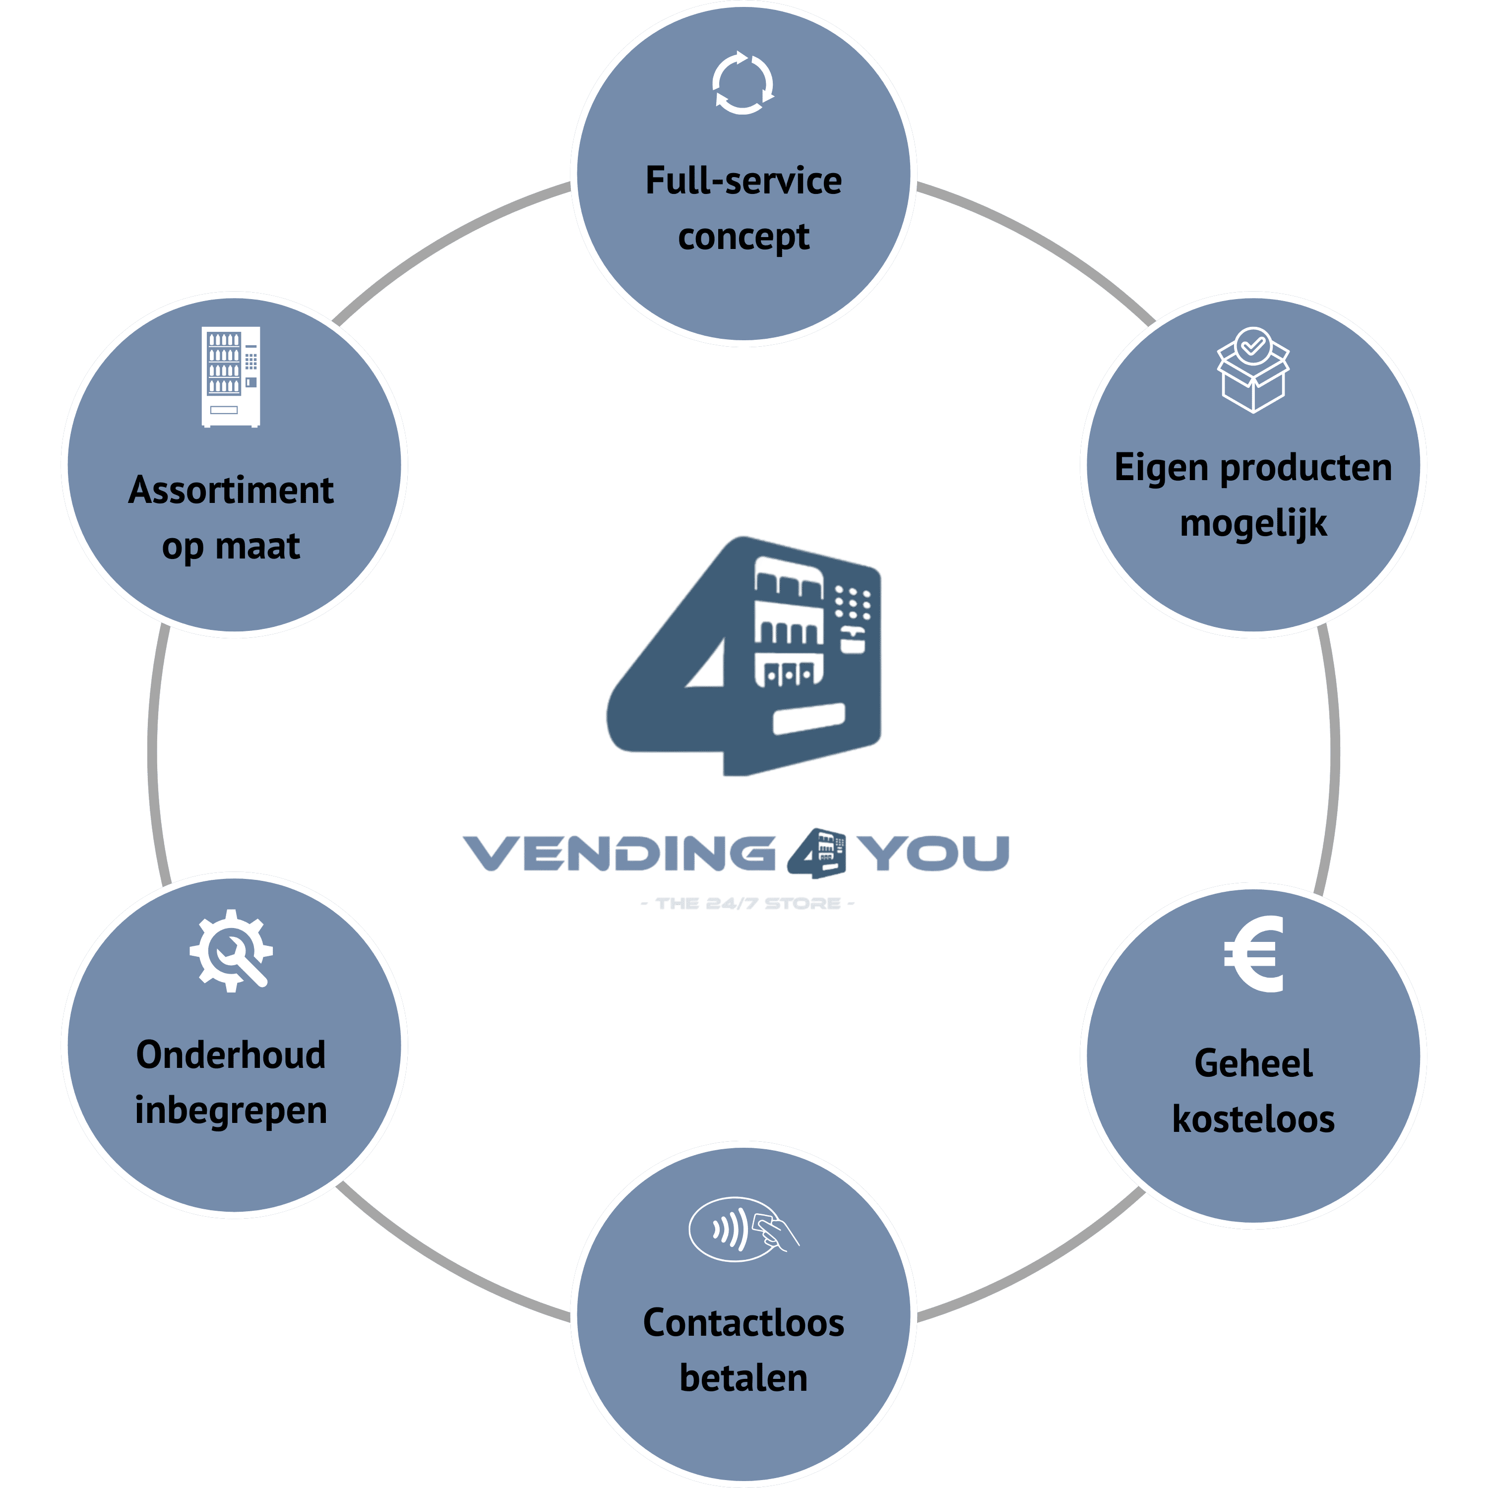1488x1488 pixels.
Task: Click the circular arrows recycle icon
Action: click(743, 83)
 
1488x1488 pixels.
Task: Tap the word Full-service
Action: click(743, 181)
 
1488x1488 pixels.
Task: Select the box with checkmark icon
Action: click(1253, 370)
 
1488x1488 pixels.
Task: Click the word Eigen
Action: click(1160, 468)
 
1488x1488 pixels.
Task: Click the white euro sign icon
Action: click(1253, 954)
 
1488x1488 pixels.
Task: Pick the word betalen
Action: click(743, 1378)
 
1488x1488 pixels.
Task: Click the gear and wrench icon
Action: click(231, 950)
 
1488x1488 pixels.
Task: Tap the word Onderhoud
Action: click(231, 1055)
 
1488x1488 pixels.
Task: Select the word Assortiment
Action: click(231, 491)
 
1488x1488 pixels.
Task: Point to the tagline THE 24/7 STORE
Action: click(747, 903)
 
